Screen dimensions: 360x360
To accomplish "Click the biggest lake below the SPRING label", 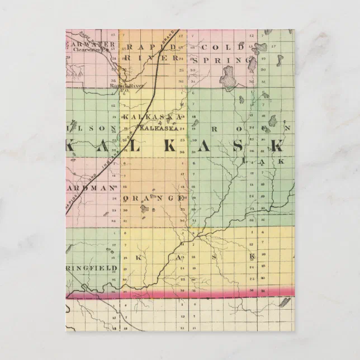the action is [228, 77].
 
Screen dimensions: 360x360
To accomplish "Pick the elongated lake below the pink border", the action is [285, 302].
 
